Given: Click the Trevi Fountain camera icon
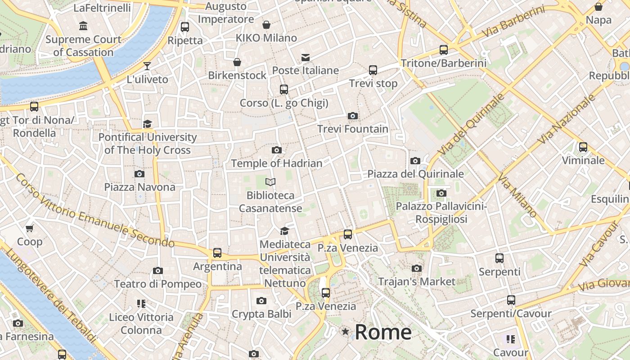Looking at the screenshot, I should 353,116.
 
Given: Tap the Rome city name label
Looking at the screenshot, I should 383,332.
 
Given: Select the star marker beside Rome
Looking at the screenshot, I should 345,332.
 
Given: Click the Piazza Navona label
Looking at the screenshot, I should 140,187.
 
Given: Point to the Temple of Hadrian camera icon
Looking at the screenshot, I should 277,150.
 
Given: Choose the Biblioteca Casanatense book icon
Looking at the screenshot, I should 270,182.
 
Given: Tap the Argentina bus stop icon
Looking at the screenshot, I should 217,253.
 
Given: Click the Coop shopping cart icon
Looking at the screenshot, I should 30,229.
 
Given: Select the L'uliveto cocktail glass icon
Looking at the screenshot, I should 147,66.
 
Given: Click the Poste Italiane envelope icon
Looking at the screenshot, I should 306,57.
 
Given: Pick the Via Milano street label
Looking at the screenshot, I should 517,196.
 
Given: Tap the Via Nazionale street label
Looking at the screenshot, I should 567,120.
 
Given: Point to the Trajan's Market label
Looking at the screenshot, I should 417,282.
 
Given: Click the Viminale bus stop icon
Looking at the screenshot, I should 583,147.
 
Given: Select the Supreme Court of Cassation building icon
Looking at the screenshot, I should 83,26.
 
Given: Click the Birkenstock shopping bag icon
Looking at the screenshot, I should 237,62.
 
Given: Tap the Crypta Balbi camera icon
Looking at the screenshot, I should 261,301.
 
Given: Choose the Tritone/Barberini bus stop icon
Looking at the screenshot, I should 444,50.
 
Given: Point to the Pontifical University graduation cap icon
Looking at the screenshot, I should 147,124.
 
